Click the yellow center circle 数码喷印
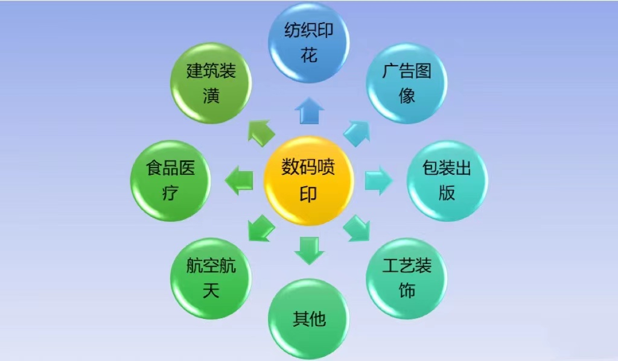(308, 181)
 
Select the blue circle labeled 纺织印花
(308, 43)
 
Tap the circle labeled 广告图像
(407, 83)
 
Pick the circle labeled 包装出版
(447, 181)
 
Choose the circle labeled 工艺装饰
(407, 278)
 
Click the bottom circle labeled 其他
(308, 319)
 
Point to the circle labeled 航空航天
(211, 278)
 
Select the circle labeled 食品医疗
(170, 181)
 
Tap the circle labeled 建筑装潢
(211, 83)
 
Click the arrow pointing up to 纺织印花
(310, 111)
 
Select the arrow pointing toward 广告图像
(357, 133)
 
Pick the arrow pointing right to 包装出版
(379, 181)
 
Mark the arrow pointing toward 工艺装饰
(357, 228)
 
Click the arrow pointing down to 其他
(310, 251)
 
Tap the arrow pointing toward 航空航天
(261, 228)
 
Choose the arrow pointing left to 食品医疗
(239, 181)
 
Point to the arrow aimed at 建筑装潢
(261, 133)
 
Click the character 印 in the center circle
(308, 193)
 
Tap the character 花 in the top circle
(309, 55)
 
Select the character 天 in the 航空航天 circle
(211, 291)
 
